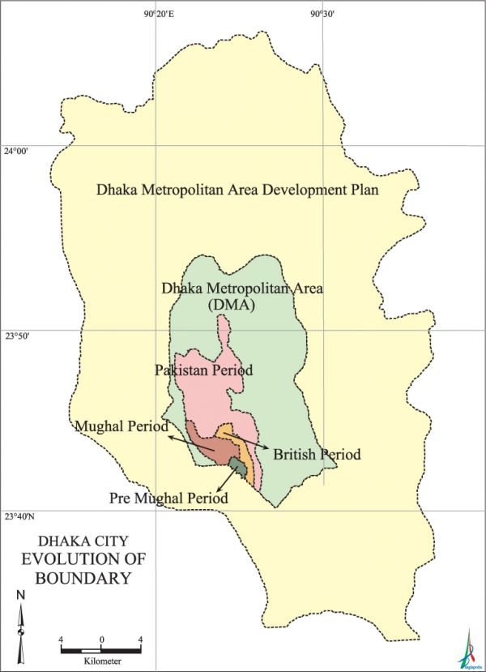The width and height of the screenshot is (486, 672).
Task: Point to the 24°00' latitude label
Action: tap(16, 152)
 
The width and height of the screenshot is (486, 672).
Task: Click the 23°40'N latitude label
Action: tap(19, 516)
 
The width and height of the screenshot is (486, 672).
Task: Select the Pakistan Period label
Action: tap(204, 370)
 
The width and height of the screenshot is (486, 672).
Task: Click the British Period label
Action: tap(317, 455)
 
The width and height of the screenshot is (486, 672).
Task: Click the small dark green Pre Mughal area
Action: tap(237, 465)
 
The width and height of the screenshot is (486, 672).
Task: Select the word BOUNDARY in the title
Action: tap(83, 579)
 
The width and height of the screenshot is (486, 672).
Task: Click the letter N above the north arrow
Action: tap(20, 597)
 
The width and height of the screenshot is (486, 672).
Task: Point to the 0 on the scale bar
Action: tap(101, 640)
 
